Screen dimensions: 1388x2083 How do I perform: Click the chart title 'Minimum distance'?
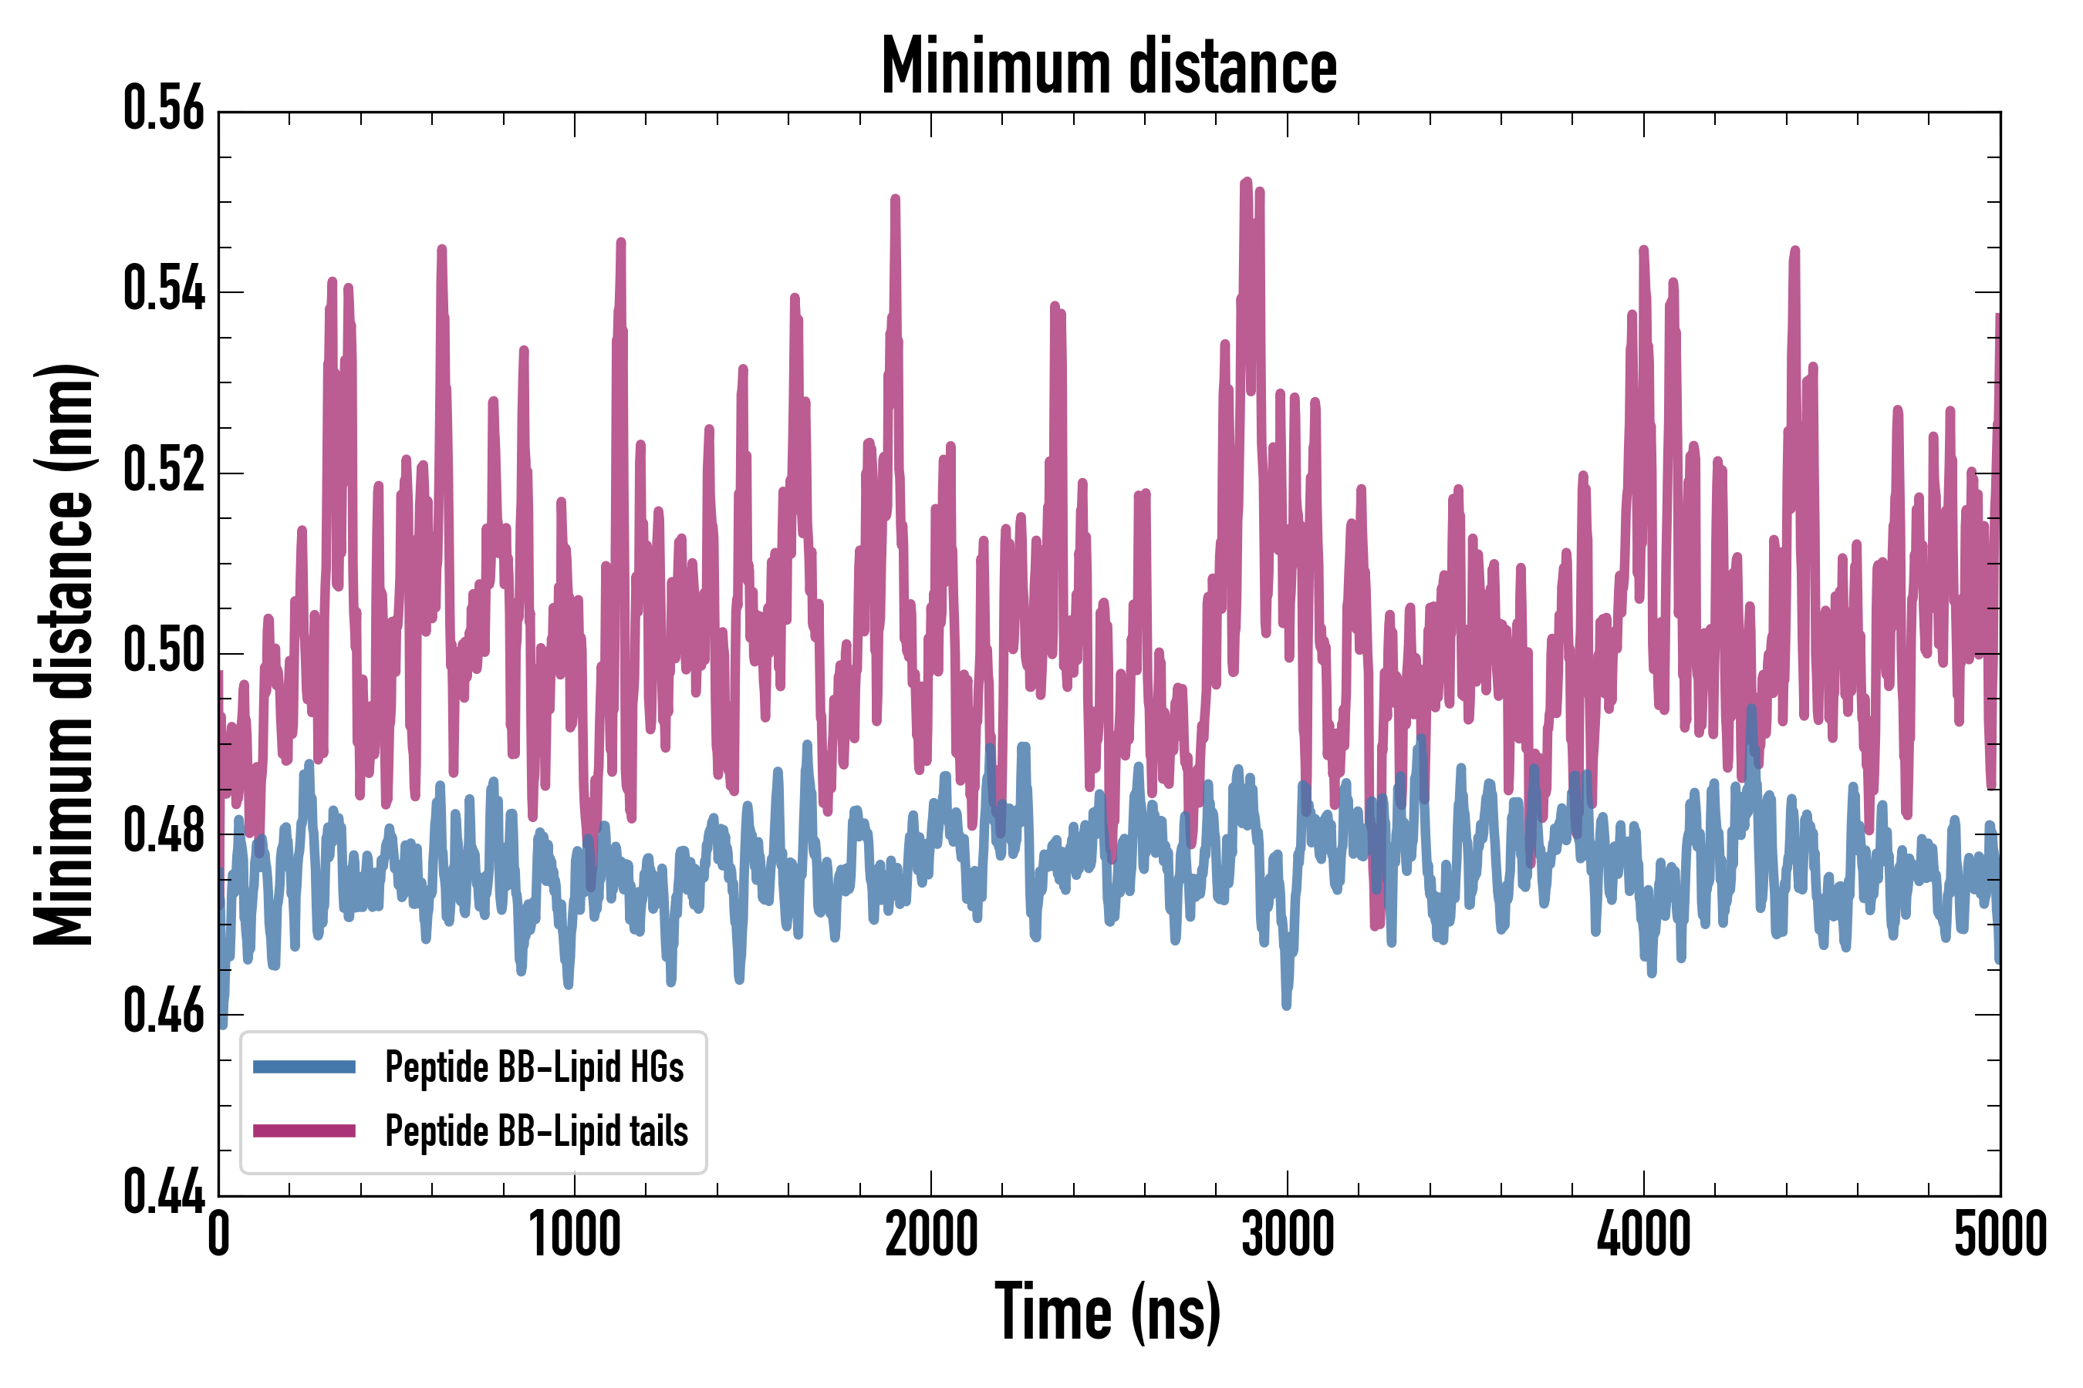coord(1108,66)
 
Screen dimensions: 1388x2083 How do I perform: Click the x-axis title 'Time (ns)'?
coord(1108,1312)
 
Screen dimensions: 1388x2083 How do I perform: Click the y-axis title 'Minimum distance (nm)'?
coord(64,654)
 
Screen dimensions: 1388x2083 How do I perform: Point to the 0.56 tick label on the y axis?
coord(164,109)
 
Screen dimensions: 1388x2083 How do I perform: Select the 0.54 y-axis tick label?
coord(164,291)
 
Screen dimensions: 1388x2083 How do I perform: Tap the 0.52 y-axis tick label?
coord(164,471)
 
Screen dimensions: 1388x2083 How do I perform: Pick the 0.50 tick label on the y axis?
coord(164,652)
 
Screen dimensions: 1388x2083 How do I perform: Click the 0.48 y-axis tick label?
coord(164,833)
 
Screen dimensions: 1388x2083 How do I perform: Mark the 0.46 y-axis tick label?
coord(164,1013)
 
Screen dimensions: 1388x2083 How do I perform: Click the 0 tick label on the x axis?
coord(219,1234)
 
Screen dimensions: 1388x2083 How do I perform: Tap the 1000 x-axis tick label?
coord(575,1234)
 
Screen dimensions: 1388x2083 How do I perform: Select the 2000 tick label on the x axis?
coord(931,1234)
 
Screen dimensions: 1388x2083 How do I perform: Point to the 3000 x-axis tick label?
coord(1287,1234)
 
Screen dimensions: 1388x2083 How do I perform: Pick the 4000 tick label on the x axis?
coord(1644,1234)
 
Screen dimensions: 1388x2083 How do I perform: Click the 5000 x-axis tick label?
coord(2000,1234)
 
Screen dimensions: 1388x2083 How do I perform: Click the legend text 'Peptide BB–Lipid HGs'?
coord(534,1067)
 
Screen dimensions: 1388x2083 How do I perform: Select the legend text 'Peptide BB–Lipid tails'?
coord(537,1131)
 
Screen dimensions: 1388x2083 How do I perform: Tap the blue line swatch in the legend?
coord(304,1066)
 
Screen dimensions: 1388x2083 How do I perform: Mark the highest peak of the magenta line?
coord(1247,181)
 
